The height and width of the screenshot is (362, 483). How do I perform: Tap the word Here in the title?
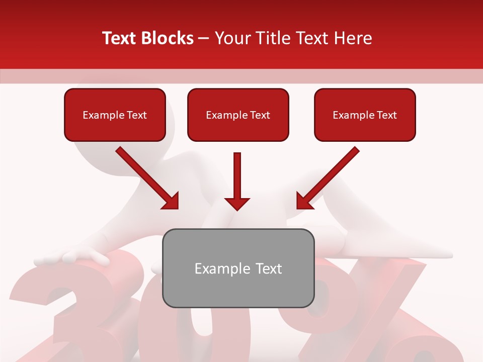352,38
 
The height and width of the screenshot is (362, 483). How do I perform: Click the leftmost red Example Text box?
115,115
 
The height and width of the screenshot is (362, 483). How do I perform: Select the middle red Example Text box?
238,115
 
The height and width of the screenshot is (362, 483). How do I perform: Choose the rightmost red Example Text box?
365,115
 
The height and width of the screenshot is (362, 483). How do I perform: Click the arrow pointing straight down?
237,181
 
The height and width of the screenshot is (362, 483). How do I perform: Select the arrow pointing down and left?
328,178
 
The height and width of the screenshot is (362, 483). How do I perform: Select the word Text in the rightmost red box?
386,115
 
